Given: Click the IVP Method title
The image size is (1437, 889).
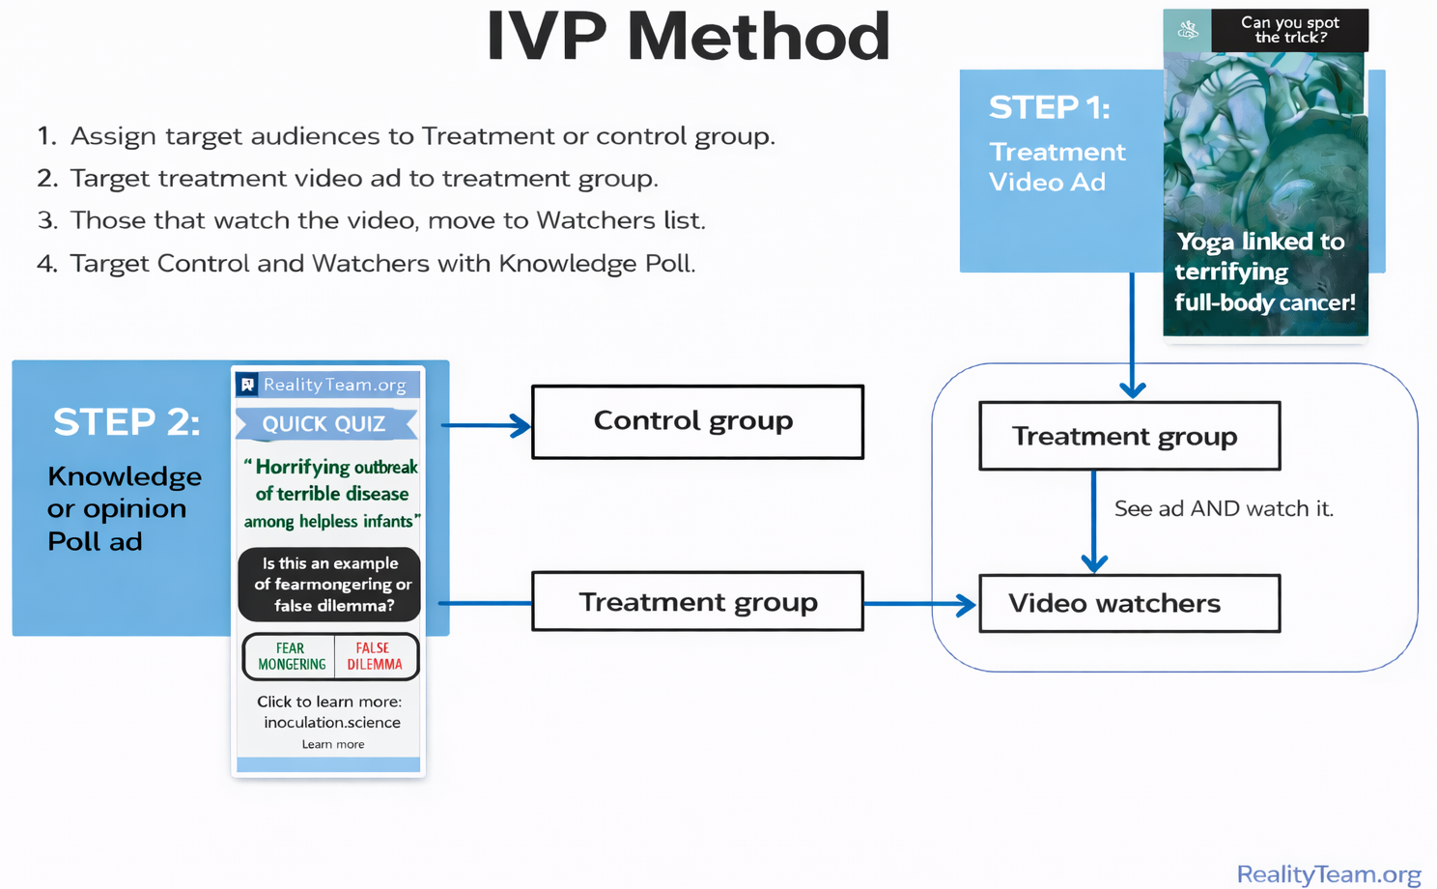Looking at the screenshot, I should pos(688,37).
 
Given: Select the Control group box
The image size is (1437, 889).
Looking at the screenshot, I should pos(697,421).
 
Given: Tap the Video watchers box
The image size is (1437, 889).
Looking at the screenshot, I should pos(1129,604).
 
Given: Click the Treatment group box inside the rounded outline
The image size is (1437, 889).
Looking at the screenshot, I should pos(1129,437).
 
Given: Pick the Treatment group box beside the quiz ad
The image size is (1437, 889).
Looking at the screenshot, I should pos(697,602).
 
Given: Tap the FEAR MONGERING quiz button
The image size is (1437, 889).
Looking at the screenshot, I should pos(291,657).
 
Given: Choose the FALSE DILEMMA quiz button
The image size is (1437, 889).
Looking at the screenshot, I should pos(374,657).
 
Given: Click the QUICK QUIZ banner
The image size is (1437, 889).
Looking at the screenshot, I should pos(325,424).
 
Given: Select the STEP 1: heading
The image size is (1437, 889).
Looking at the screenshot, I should pos(1049,108).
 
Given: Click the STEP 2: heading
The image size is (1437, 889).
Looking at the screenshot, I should pos(127,422).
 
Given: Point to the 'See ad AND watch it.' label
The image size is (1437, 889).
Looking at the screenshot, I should pos(1224,509).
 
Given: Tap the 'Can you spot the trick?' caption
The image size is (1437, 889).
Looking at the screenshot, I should pos(1289,30).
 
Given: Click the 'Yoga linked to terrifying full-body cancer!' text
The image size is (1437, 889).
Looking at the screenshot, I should pos(1264,272).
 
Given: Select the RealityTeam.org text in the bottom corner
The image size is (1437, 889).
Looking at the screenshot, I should pos(1328,875).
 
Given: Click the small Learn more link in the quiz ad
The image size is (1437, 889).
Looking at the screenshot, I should pos(332,744).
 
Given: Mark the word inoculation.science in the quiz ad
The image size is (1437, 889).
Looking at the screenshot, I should pos(332,723).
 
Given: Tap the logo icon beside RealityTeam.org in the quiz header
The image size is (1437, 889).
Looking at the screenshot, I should pos(247,385).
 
